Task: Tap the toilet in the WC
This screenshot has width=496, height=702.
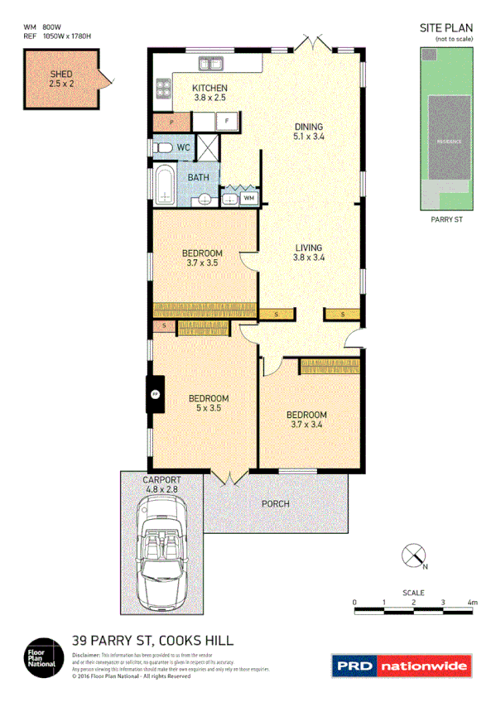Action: pos(163,148)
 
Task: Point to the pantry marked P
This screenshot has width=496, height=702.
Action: pos(171,122)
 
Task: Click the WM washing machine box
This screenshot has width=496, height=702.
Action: pos(249,199)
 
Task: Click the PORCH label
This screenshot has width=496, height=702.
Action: pos(275,503)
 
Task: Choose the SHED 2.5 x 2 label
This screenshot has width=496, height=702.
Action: pos(61,79)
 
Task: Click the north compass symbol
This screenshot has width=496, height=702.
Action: pos(414,556)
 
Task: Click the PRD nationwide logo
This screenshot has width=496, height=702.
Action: pos(402,666)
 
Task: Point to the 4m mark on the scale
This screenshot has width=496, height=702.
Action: pos(472,603)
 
